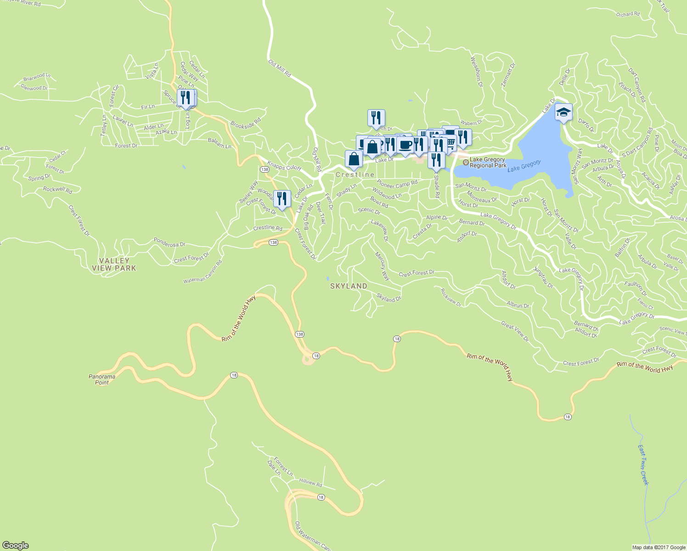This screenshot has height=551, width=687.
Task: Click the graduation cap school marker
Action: (x=563, y=112)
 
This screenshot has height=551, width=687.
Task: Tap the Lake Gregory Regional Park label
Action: (x=488, y=163)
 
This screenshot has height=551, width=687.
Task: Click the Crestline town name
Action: (x=355, y=175)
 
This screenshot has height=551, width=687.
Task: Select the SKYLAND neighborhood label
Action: (x=349, y=286)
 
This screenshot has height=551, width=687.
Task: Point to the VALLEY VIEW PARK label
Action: (x=114, y=264)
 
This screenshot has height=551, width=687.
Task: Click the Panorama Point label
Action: (x=102, y=379)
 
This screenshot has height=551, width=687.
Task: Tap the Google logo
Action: (x=15, y=545)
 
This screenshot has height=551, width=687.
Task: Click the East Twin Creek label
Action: (x=643, y=465)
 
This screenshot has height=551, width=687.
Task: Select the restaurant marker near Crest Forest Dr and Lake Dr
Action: (x=282, y=199)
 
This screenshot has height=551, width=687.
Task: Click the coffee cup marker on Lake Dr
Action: (x=405, y=145)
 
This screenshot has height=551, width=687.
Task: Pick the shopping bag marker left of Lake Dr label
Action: (x=354, y=159)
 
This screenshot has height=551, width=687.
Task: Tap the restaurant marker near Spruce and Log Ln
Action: (x=185, y=98)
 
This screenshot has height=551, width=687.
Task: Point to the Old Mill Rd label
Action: (x=279, y=67)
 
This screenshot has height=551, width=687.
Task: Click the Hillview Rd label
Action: (x=310, y=483)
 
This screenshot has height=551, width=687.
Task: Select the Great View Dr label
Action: (x=515, y=332)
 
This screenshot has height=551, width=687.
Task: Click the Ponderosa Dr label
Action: (x=169, y=242)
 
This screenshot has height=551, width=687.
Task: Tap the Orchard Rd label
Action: (x=628, y=14)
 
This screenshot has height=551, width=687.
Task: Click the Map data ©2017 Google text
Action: (x=659, y=547)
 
